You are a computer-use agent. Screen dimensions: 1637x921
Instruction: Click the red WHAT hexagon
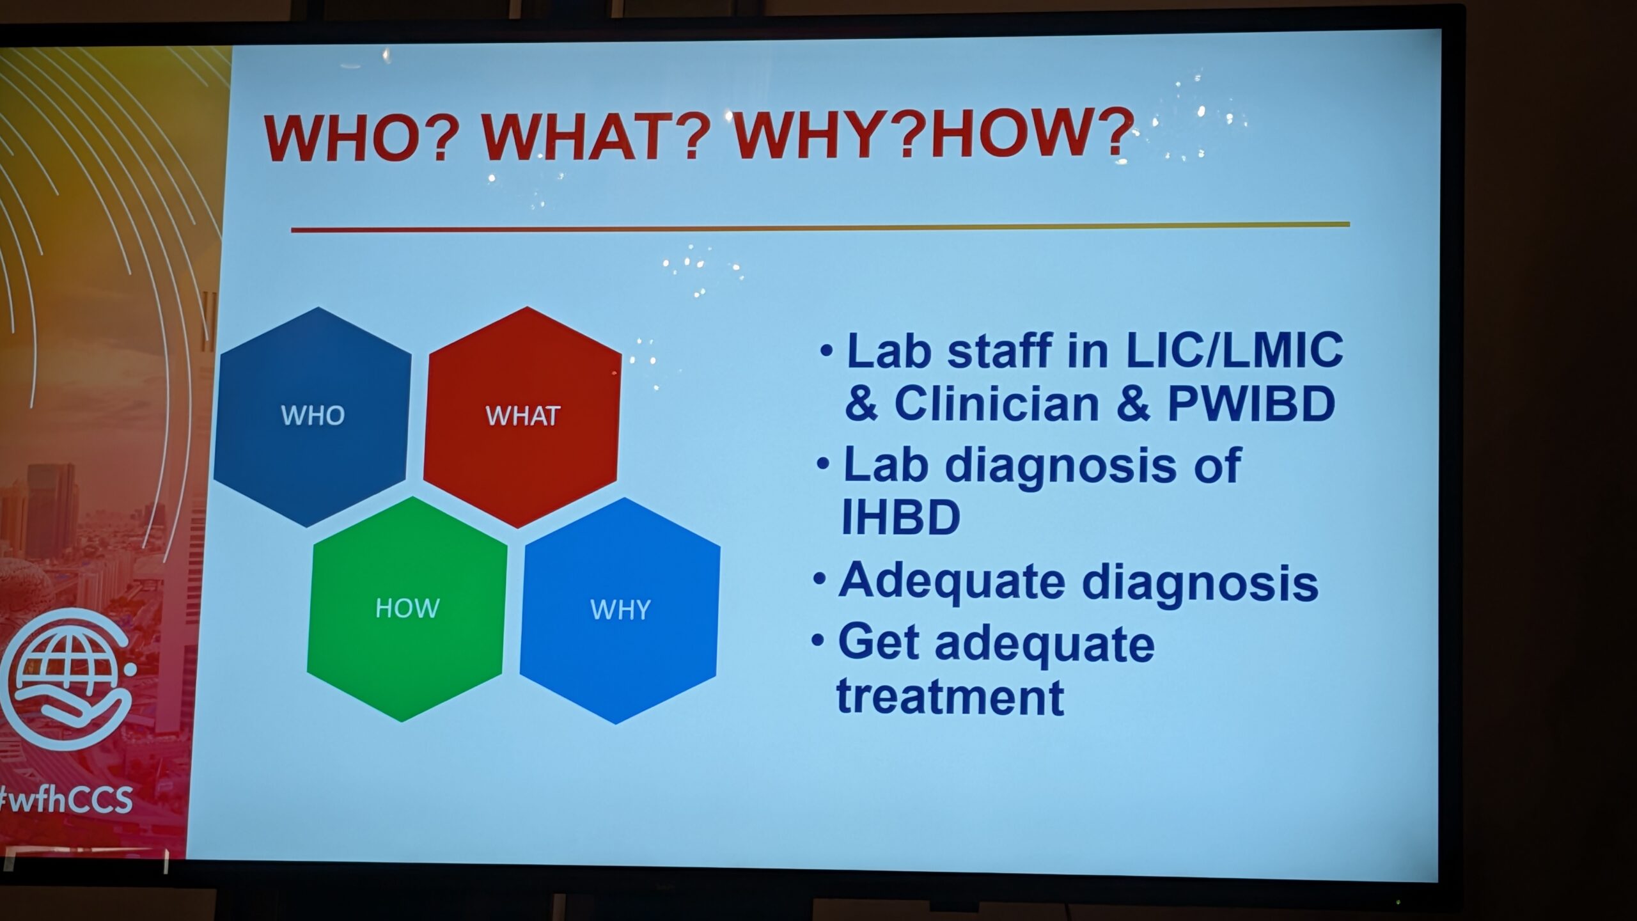522,416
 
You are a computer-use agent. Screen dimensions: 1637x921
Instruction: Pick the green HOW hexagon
407,609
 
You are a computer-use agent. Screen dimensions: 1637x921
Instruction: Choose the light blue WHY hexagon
620,611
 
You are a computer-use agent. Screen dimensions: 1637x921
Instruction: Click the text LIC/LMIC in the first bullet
1234,350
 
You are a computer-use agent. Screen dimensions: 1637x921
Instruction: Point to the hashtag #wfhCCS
65,799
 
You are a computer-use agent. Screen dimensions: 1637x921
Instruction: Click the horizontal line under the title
820,226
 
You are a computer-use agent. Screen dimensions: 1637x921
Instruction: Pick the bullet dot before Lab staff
827,350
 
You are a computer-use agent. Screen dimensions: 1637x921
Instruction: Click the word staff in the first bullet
999,350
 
